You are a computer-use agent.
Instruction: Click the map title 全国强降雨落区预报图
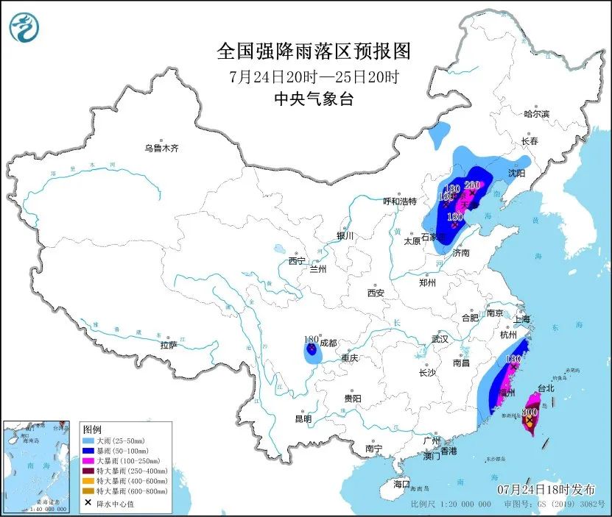(x=313, y=51)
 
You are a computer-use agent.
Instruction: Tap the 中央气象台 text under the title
(x=313, y=99)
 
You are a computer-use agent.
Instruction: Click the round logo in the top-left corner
(x=24, y=28)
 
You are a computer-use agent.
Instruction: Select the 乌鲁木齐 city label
(x=161, y=148)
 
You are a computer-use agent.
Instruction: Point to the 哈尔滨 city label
(x=536, y=114)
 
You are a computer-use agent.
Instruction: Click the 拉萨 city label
(x=168, y=345)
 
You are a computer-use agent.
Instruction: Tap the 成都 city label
(x=328, y=343)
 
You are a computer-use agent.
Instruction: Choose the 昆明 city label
(x=303, y=418)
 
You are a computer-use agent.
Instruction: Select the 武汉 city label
(x=440, y=340)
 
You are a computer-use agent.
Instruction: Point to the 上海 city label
(x=521, y=319)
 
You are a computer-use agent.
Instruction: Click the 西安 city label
(x=376, y=293)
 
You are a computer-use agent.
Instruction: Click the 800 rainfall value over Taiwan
(x=529, y=413)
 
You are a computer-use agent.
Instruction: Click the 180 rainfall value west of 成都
(x=311, y=340)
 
